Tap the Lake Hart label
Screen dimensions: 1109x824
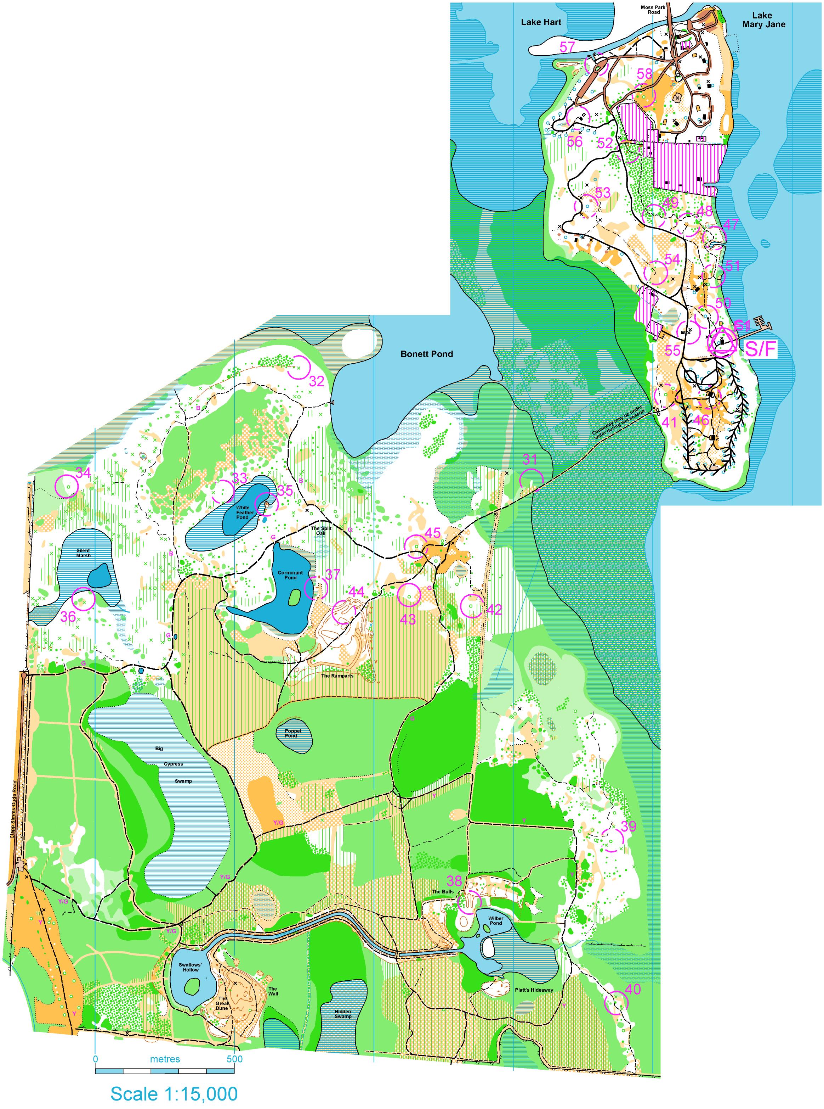[541, 22]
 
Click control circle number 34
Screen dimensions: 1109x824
[66, 486]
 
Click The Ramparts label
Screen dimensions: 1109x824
[337, 676]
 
